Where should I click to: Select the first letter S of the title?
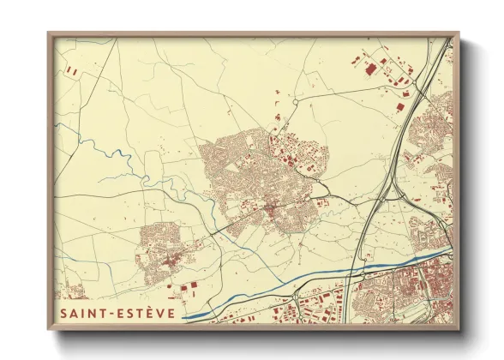tap(64, 314)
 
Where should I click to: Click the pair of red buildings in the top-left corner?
tap(72, 75)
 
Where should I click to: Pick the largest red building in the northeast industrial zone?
tap(370, 68)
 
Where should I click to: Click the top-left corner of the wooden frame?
tap(49, 34)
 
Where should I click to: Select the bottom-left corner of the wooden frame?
tap(49, 328)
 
